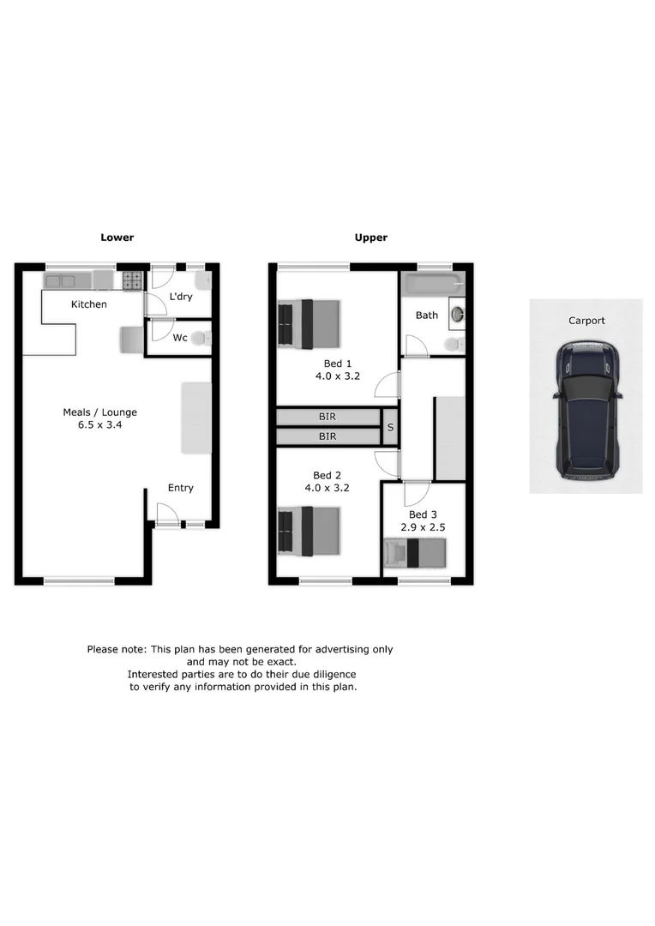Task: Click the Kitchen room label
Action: [88, 304]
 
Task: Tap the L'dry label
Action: [180, 297]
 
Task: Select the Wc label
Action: [180, 338]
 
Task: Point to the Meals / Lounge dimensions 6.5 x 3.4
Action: [99, 425]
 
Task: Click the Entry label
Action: [180, 488]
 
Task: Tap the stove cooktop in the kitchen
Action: [132, 280]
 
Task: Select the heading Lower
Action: [117, 238]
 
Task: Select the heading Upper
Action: [371, 238]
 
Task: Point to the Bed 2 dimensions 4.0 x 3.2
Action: [327, 488]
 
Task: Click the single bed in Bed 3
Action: [415, 553]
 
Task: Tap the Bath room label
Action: [426, 315]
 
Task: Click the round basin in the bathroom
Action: [455, 314]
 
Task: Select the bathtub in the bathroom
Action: [433, 282]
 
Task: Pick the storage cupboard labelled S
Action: [390, 427]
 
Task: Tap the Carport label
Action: [586, 321]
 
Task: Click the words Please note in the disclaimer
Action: [116, 649]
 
